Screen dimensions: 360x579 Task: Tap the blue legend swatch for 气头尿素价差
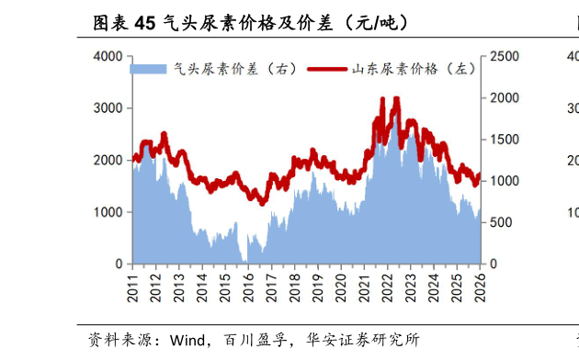148,69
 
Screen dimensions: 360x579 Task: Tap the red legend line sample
327,69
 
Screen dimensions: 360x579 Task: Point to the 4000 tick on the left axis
108,57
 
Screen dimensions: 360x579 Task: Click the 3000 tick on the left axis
108,108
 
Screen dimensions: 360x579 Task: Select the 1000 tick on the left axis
108,212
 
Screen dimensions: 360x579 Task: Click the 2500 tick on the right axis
505,57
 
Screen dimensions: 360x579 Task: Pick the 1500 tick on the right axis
505,140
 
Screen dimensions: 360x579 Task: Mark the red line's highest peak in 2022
395,98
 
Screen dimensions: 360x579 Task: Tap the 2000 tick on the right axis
505,98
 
